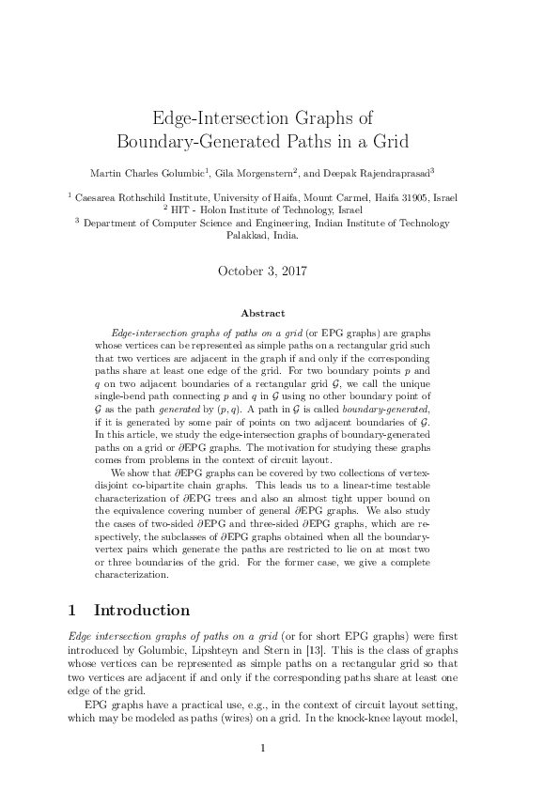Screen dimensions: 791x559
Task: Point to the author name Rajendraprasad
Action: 385,174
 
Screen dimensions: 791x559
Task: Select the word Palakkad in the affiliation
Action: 246,236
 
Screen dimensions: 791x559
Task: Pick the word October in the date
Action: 242,271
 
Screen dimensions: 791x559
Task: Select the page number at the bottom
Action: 264,748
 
